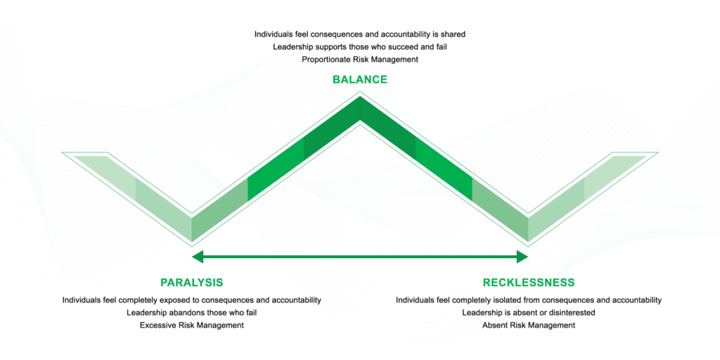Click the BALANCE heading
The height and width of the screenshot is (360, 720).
[x=359, y=79]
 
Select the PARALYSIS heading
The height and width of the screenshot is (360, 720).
[x=191, y=282]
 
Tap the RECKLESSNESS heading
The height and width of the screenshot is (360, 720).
[x=529, y=282]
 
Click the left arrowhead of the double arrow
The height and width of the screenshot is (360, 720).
[x=198, y=257]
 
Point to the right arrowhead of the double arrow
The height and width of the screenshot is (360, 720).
[x=522, y=257]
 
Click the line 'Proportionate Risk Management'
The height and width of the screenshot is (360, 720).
[x=360, y=59]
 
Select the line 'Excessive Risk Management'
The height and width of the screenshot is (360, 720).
[x=191, y=326]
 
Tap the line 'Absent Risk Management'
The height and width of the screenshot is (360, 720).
[x=529, y=326]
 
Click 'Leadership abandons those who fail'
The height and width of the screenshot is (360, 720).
[x=191, y=313]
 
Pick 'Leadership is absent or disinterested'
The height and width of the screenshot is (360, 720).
[x=529, y=313]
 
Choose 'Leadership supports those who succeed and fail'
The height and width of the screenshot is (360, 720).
[x=360, y=46]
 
